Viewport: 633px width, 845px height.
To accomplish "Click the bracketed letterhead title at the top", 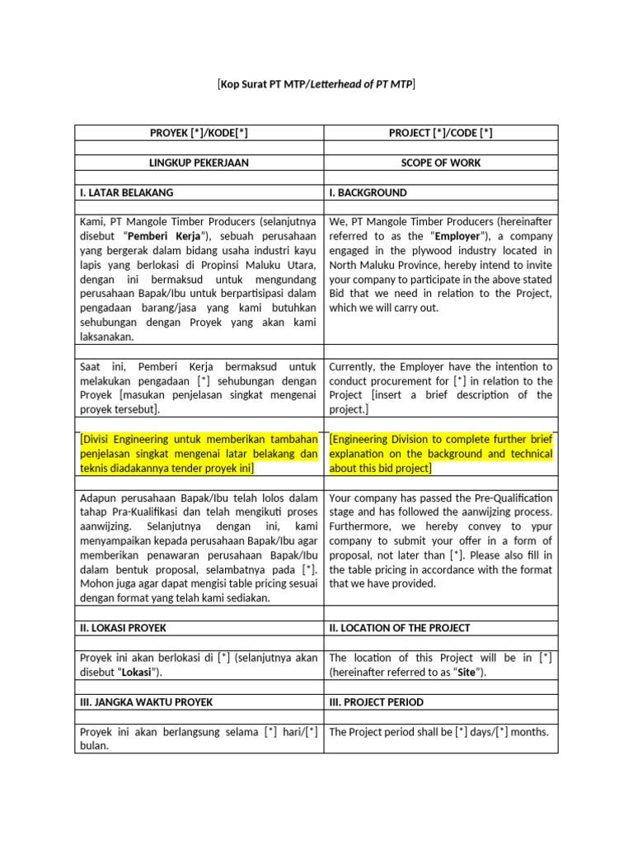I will click(316, 83).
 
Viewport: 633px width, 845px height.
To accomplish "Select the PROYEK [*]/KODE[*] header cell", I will click(199, 133).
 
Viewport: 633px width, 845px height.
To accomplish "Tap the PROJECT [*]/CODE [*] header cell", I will click(440, 133).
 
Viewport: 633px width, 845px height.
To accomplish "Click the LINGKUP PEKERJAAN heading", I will click(199, 163).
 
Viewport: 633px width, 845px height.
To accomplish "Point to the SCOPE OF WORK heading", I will click(440, 163).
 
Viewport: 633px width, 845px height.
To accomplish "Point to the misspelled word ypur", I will click(539, 526).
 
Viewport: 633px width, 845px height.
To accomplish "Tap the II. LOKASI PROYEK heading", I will click(123, 628).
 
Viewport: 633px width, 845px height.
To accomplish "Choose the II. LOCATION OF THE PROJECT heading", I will click(400, 628).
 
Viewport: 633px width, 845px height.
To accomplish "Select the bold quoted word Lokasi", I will click(138, 673).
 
